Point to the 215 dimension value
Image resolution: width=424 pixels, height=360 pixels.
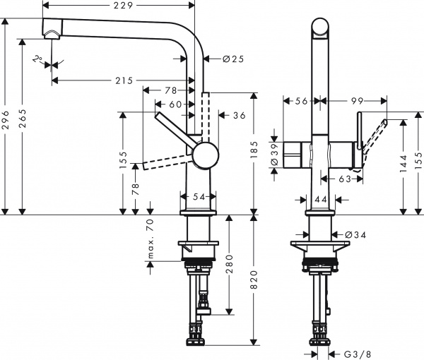tap(124, 80)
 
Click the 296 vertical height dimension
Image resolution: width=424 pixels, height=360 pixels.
tap(6, 116)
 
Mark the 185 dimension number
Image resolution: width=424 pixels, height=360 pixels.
tap(254, 150)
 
